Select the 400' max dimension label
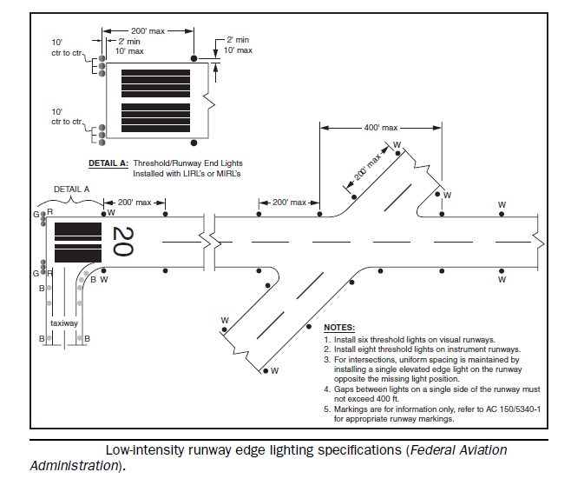click(383, 127)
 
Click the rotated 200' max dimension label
click(367, 170)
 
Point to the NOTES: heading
click(341, 326)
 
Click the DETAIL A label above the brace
click(72, 189)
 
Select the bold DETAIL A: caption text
click(108, 163)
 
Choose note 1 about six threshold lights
click(408, 338)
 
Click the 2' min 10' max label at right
click(239, 45)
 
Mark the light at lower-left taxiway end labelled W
click(265, 370)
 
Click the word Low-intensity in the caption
click(146, 450)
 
